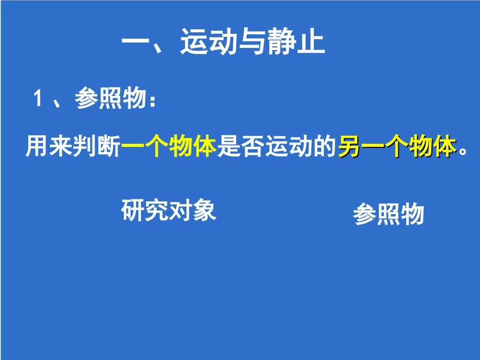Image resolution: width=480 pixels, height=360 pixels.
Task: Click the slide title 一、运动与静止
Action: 223,43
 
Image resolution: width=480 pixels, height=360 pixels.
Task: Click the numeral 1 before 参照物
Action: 37,98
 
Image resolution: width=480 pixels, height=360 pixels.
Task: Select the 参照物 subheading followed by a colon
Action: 109,98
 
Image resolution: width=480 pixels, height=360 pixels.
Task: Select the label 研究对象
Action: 169,210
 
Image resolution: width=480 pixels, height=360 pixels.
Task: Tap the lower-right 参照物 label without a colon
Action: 388,215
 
